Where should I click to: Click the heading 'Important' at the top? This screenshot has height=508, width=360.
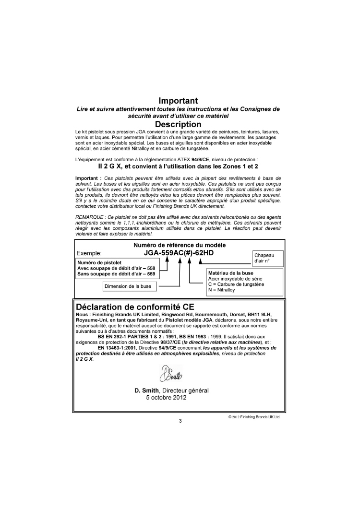pos(178,101)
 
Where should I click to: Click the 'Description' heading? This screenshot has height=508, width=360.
pos(178,124)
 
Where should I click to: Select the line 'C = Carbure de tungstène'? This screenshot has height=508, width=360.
pos(236,284)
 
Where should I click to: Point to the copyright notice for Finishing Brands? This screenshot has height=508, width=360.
pos(254,417)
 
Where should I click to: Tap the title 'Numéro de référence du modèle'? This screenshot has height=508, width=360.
pos(180,245)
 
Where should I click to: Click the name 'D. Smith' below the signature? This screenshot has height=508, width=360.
pos(148,390)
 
